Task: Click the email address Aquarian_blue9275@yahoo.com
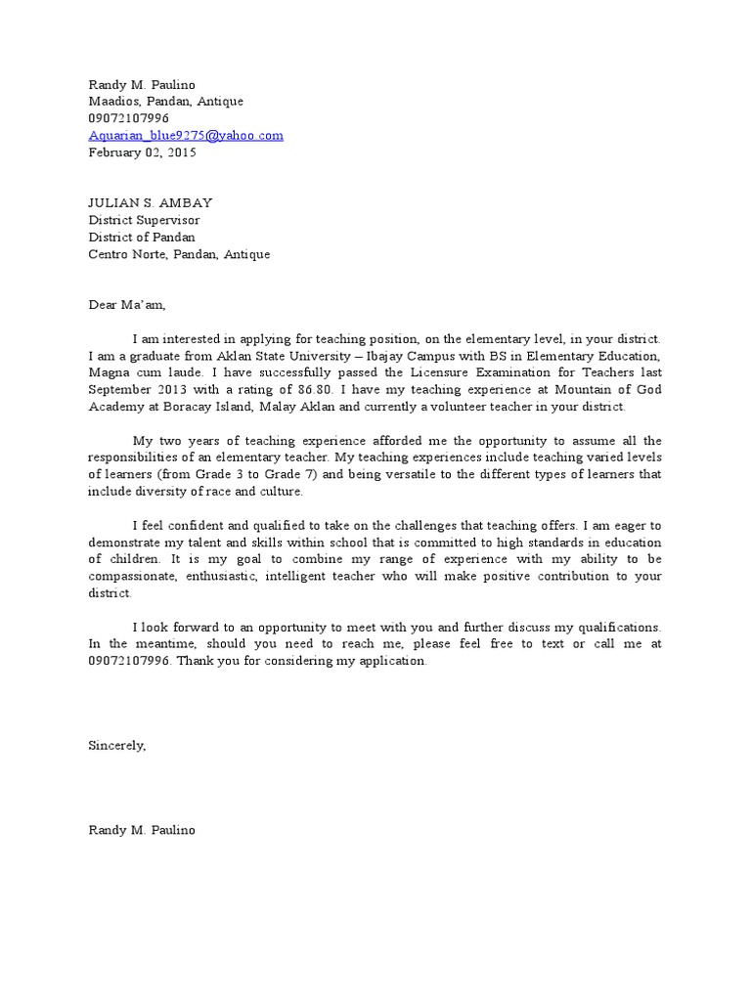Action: [186, 136]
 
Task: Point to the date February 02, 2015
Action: [143, 152]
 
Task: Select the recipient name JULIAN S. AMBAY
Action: [151, 203]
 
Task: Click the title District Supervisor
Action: [144, 220]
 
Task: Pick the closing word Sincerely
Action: [117, 746]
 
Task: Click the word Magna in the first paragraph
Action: [108, 372]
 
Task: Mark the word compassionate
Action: [136, 577]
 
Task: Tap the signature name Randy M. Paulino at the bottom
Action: [142, 831]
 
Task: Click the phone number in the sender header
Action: [129, 118]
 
